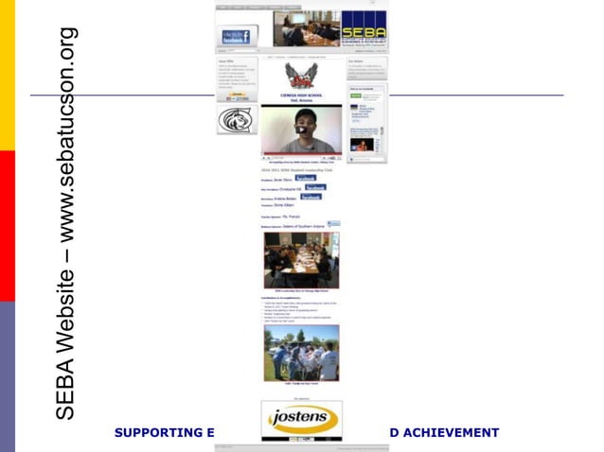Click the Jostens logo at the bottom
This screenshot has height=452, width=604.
tap(301, 419)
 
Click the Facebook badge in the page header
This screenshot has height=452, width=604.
tap(236, 37)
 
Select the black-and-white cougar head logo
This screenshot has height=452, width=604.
tap(236, 120)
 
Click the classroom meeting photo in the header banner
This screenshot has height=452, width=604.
tap(307, 28)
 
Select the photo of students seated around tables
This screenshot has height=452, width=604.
tap(301, 260)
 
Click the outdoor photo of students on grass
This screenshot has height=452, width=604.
tap(301, 354)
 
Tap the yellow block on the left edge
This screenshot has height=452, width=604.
tap(8, 76)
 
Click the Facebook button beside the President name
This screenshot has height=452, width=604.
tap(305, 178)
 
